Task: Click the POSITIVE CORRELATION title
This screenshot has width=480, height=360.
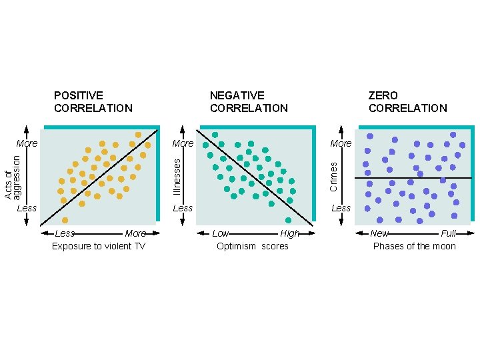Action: (93, 102)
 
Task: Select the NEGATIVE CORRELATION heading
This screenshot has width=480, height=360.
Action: (249, 102)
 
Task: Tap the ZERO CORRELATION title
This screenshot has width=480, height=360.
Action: (407, 102)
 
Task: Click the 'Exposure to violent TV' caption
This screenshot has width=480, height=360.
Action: (99, 247)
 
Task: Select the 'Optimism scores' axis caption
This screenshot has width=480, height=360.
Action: (253, 247)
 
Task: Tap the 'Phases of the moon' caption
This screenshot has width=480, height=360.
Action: (414, 247)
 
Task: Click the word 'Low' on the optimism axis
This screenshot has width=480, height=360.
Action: (220, 233)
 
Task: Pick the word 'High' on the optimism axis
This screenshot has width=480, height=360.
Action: (290, 233)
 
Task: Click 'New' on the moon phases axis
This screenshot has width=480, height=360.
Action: (379, 233)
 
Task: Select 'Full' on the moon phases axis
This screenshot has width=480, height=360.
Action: (448, 233)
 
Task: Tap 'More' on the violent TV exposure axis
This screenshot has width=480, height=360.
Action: (135, 233)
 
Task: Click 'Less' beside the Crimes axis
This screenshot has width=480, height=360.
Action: (341, 208)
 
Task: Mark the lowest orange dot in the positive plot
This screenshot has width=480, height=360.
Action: (65, 220)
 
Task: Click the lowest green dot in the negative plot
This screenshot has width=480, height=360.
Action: (289, 220)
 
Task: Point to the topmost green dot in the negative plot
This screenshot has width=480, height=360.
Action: (215, 135)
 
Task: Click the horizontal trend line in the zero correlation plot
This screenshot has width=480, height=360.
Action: (413, 178)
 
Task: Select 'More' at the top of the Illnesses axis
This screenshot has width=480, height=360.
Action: (183, 143)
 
